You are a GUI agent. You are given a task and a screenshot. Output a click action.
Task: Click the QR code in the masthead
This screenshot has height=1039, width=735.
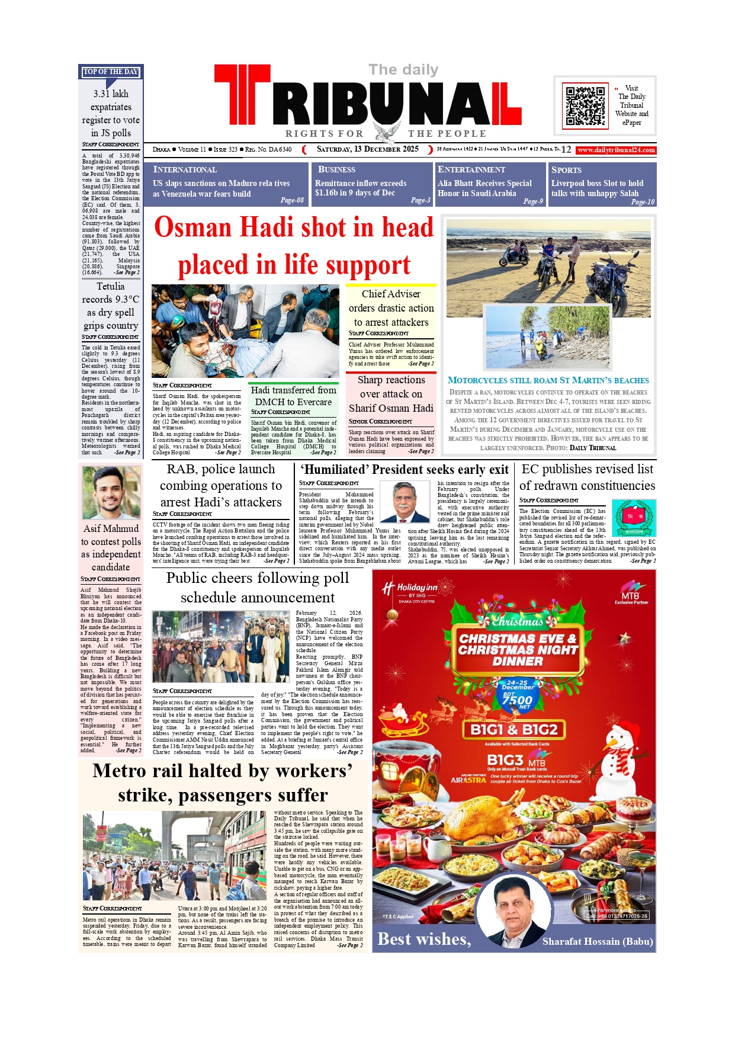point(585,105)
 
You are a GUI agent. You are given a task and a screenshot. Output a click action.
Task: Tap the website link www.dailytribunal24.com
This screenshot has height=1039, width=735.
point(616,150)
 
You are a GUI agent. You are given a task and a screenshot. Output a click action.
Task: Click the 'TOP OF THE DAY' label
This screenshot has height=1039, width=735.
point(111,72)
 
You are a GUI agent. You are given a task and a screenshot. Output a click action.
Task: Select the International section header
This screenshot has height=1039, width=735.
point(185,169)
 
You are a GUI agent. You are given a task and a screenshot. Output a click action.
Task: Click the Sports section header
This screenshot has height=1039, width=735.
point(566,169)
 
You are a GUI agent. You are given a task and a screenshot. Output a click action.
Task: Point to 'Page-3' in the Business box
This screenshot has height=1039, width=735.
point(421,200)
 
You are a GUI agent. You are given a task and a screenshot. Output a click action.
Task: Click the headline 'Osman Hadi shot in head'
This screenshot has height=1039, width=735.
point(294,227)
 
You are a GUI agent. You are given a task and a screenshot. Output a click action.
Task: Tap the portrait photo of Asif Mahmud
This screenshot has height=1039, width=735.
point(111,493)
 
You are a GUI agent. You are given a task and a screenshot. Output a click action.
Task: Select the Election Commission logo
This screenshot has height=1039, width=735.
point(634,518)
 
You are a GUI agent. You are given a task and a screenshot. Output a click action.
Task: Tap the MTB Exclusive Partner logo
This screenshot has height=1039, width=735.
point(631,597)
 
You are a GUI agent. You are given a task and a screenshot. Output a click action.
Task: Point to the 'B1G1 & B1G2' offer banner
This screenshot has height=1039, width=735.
point(513,729)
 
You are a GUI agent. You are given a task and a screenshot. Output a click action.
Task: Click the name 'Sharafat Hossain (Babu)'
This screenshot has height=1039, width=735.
point(598,941)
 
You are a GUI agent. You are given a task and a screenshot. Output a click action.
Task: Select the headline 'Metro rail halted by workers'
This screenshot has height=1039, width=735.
point(223,771)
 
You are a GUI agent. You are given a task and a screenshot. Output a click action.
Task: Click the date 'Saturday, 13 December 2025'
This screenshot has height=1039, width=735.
point(367,149)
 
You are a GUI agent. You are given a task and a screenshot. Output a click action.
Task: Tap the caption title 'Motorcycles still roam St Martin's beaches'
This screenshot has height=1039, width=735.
point(548,380)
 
